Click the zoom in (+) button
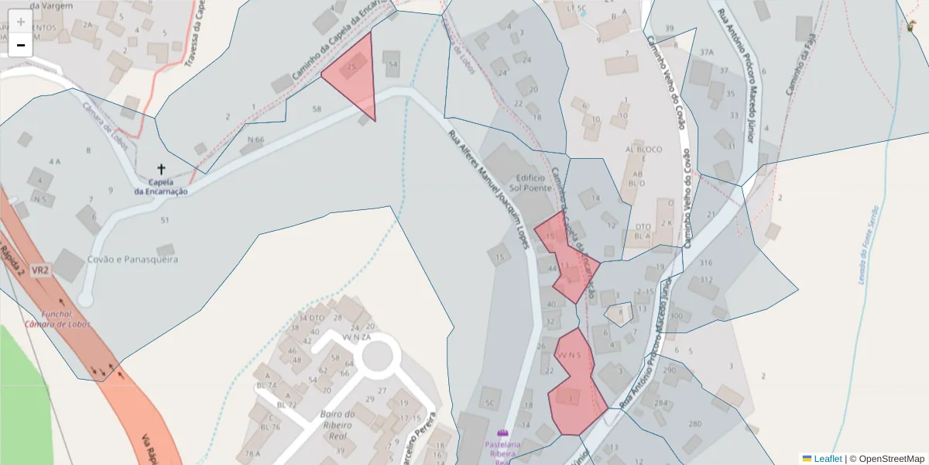20,22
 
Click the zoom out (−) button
20,45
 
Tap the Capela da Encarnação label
161,187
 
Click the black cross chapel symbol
161,168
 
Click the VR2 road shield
41,271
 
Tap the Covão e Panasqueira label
132,259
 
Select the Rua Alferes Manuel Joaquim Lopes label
489,191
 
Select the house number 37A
706,52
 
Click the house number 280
695,424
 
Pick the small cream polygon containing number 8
619,314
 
